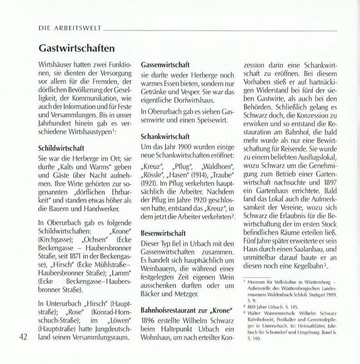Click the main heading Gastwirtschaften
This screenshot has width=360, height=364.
click(75, 48)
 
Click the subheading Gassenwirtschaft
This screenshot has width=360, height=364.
click(165, 65)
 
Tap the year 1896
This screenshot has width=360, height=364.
click(150, 321)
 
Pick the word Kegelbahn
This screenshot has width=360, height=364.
click(308, 265)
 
